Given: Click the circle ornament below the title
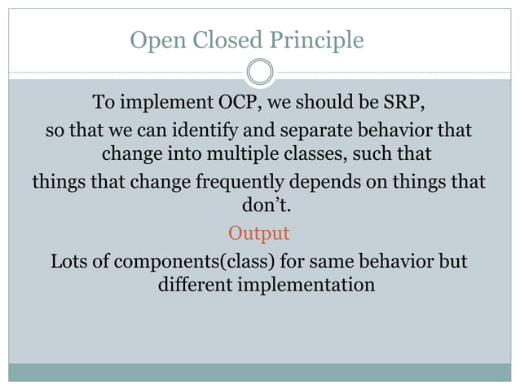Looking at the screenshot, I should [x=259, y=72].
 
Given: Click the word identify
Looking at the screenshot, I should [x=240, y=131].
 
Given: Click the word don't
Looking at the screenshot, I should [x=267, y=207].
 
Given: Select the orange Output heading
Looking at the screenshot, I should [x=258, y=233].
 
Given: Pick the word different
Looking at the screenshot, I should [x=196, y=286].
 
